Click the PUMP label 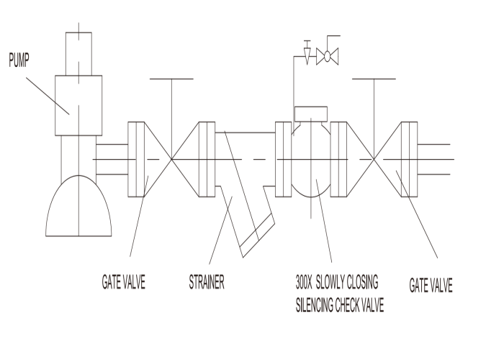tap(19, 60)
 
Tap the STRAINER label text tap(207, 282)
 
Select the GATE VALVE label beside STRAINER tap(123, 282)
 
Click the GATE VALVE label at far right tap(431, 285)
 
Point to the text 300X tap(304, 282)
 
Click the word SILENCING tap(315, 305)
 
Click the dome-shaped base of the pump tap(78, 206)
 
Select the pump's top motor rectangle tap(78, 54)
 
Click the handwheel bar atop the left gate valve tap(171, 78)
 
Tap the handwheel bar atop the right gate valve tap(374, 78)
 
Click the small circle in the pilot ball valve tap(327, 57)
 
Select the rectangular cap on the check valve tap(311, 114)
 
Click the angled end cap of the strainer tap(257, 235)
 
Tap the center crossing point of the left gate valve tap(171, 159)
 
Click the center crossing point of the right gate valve tap(374, 159)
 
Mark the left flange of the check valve tap(284, 159)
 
